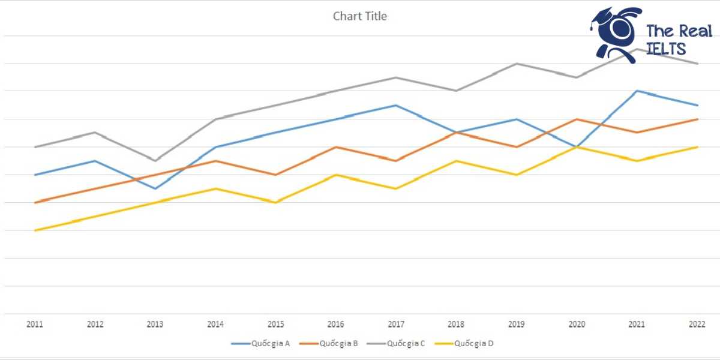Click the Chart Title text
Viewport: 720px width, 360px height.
359,16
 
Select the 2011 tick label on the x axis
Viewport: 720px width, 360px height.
35,325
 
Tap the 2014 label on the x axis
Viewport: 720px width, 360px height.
215,325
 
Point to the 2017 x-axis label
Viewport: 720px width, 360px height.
396,325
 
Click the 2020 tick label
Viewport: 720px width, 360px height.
577,325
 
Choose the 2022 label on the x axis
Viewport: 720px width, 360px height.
697,325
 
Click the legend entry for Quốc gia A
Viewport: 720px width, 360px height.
261,344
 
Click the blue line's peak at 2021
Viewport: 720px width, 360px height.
637,91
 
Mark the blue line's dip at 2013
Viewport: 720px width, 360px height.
155,188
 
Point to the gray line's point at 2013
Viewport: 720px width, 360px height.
155,161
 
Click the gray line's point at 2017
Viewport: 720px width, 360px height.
396,77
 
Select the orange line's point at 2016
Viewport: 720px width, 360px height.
336,147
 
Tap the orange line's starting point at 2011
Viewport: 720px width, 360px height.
35,203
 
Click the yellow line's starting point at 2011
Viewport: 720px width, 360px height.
35,230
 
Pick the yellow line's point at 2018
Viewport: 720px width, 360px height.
457,161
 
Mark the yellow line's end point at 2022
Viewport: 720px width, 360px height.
697,147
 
